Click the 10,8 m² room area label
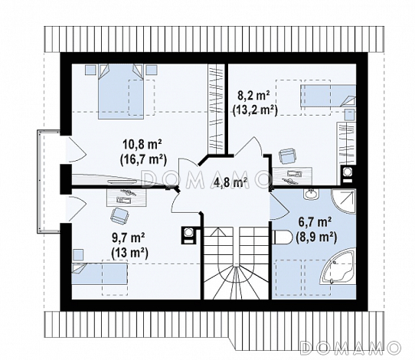pyautogui.click(x=142, y=145)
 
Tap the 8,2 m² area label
pyautogui.click(x=253, y=96)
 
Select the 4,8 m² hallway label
pyautogui.click(x=230, y=183)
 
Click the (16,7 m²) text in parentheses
pyautogui.click(x=143, y=160)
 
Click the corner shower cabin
pyautogui.click(x=343, y=201)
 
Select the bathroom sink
pyautogui.click(x=312, y=194)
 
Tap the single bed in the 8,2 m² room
pyautogui.click(x=328, y=96)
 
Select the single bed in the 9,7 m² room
pyautogui.click(x=100, y=273)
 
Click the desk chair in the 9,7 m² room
pyautogui.click(x=119, y=215)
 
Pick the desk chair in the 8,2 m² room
pyautogui.click(x=287, y=156)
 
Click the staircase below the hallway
pyautogui.click(x=237, y=263)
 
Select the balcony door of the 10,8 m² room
pyautogui.click(x=76, y=149)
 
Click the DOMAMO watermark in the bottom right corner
pyautogui.click(x=350, y=348)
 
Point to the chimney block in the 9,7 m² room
pyautogui.click(x=189, y=235)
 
